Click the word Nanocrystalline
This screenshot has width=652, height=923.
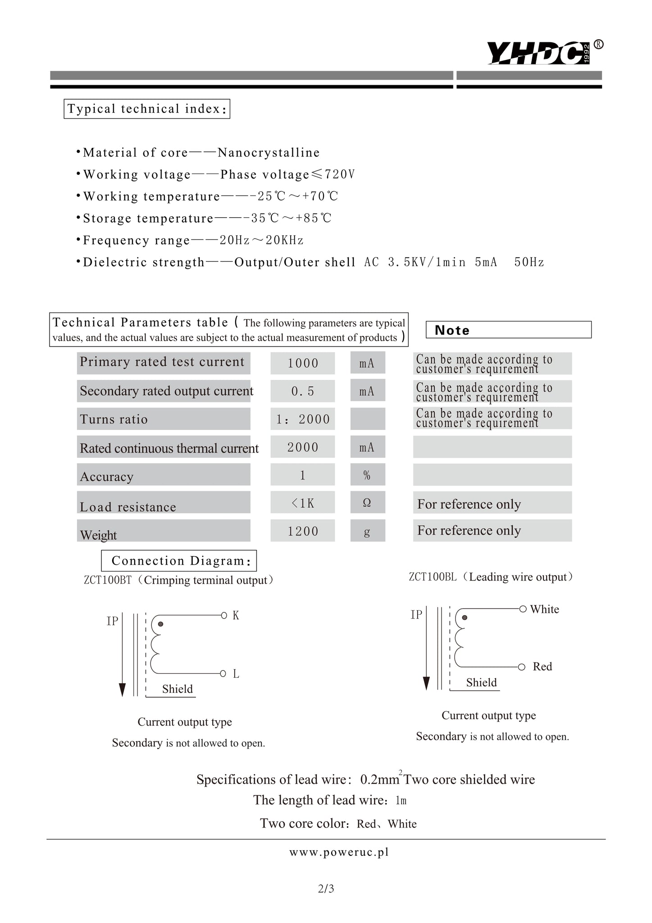pos(269,153)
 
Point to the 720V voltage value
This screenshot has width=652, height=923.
pos(340,174)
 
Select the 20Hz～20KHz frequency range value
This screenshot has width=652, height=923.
pos(262,240)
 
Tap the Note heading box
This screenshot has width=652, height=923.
pos(508,330)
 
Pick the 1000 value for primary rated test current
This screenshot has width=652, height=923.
pos(303,363)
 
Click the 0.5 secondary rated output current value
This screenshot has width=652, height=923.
pos(303,391)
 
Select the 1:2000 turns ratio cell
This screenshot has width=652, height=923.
pos(303,419)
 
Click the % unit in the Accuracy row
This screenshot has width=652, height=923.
pos(367,475)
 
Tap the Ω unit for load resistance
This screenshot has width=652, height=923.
pos(367,503)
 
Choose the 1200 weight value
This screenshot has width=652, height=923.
pos(303,531)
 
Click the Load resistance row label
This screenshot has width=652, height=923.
pos(128,507)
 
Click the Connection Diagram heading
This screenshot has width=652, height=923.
pos(179,561)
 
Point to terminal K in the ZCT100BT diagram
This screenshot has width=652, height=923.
pos(236,616)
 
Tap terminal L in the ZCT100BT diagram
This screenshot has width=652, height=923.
pos(236,674)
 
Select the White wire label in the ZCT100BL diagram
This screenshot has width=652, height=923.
pos(544,609)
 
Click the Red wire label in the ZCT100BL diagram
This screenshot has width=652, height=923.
pos(542,667)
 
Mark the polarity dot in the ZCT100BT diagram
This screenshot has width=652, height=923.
pos(160,624)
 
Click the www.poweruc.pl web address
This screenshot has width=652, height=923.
pos(339,852)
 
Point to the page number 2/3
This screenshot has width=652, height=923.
pos(326,889)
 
